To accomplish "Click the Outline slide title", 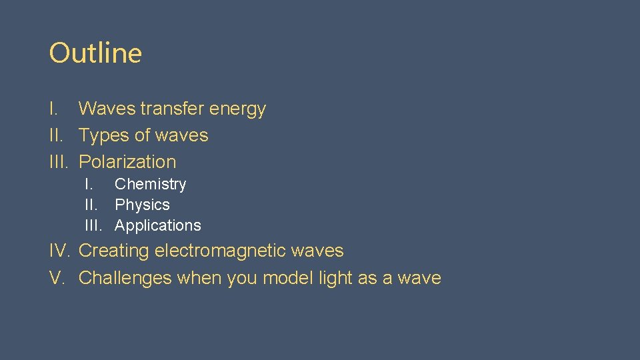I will click(x=95, y=53).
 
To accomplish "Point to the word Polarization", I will click(x=127, y=162).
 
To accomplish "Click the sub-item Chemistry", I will click(x=150, y=185).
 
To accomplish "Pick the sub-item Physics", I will click(x=142, y=205).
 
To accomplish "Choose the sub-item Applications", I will click(x=157, y=226).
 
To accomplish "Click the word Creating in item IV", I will click(x=114, y=251).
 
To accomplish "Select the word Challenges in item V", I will click(x=125, y=278).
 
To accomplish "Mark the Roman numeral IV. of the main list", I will click(x=60, y=251).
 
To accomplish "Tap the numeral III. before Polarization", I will click(x=60, y=162).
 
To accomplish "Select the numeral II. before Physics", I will click(x=91, y=205).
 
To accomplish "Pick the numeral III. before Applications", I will click(x=93, y=226).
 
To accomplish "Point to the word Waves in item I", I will click(x=107, y=109).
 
